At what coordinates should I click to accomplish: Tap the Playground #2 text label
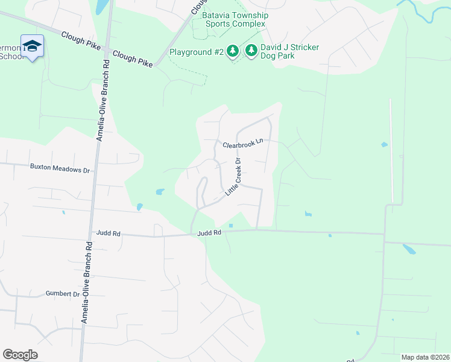point(196,52)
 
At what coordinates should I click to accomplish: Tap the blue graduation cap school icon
point(32,46)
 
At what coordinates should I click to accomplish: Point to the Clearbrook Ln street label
point(244,144)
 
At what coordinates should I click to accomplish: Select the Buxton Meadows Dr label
point(60,170)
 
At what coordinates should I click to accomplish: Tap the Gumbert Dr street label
point(62,294)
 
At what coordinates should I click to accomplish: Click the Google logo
point(20,355)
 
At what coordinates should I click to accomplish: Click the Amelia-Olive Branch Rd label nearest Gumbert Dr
point(86,283)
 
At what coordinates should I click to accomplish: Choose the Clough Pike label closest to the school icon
point(81,40)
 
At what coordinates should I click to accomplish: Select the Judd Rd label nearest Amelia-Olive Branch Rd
point(108,232)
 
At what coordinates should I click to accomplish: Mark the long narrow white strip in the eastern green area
point(391,151)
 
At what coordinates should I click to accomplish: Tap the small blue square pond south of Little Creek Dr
point(231,227)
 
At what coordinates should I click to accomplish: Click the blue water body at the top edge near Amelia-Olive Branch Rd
point(101,6)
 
